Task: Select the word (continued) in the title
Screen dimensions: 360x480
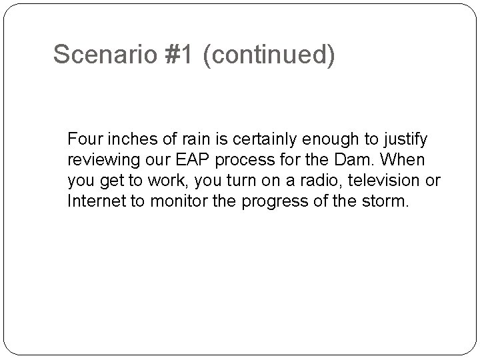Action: coord(269,55)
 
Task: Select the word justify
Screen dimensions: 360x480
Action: coord(404,139)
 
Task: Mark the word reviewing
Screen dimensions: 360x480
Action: coord(99,160)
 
